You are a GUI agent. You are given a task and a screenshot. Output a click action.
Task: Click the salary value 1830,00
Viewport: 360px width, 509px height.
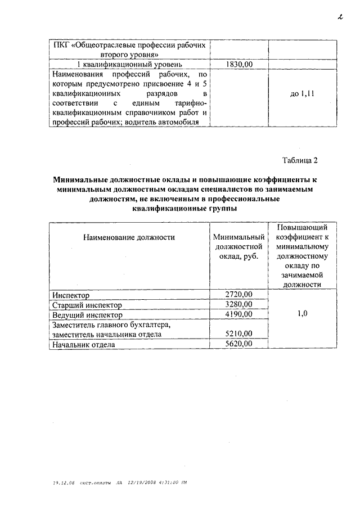pos(238,65)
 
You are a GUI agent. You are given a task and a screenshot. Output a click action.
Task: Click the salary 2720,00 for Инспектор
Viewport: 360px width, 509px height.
pos(238,294)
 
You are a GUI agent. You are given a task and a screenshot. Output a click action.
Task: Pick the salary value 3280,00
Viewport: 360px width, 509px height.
pos(238,305)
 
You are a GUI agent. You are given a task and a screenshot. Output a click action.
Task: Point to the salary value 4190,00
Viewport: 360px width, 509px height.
pos(238,314)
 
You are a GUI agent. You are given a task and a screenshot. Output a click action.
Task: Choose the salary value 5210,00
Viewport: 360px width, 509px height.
pos(238,334)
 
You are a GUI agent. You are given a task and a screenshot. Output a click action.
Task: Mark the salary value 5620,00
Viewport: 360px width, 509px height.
pos(238,344)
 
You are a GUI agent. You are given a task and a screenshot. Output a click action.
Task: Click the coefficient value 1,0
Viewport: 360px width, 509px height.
pos(302,314)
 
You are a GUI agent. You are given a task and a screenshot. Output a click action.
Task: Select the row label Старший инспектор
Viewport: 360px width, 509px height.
pos(87,305)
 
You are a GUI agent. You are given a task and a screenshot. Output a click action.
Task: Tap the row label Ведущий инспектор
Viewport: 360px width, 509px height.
pos(87,315)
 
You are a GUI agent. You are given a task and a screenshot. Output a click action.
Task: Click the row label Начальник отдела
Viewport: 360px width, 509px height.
pos(83,344)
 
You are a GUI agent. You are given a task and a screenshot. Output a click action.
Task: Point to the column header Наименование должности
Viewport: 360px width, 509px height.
pos(129,237)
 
